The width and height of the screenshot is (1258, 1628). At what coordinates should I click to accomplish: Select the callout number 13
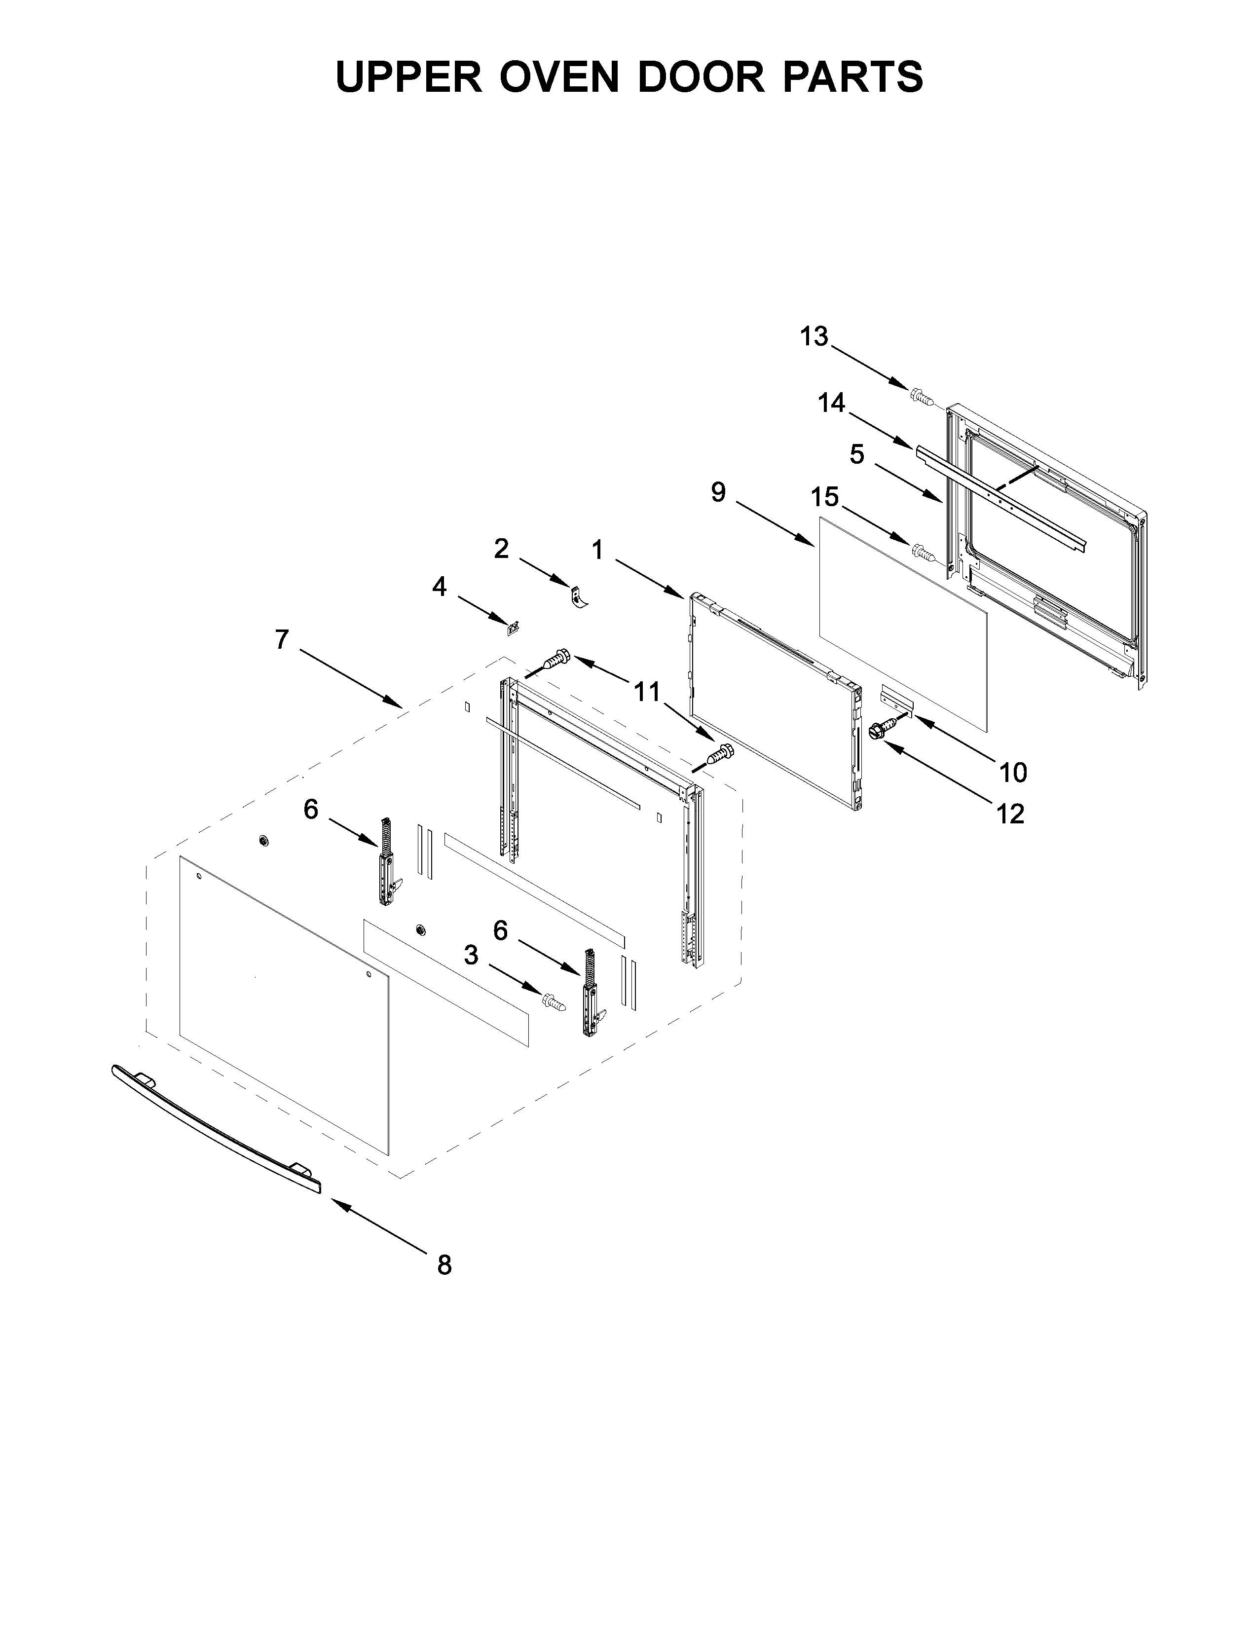(814, 337)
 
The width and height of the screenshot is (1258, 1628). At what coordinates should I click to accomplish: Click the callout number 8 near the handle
(444, 1265)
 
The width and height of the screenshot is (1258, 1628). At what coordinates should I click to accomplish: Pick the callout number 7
(281, 639)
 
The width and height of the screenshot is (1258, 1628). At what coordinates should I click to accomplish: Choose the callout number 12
(1010, 814)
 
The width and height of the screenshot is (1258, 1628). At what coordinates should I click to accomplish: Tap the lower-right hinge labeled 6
(591, 993)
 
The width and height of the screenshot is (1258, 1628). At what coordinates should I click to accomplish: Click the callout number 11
(647, 692)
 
